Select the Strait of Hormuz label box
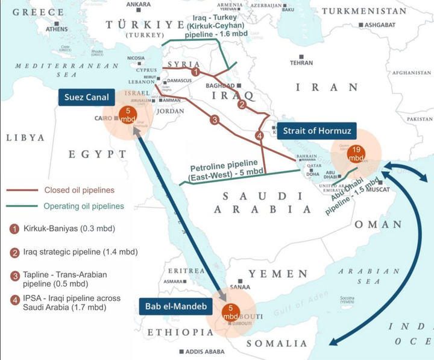coord(314,131)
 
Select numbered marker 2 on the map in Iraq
coord(242,104)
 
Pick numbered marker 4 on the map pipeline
coord(260,136)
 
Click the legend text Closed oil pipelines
coord(78,191)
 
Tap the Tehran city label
coord(301,62)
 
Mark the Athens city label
coord(57,28)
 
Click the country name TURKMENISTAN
coord(372,11)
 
